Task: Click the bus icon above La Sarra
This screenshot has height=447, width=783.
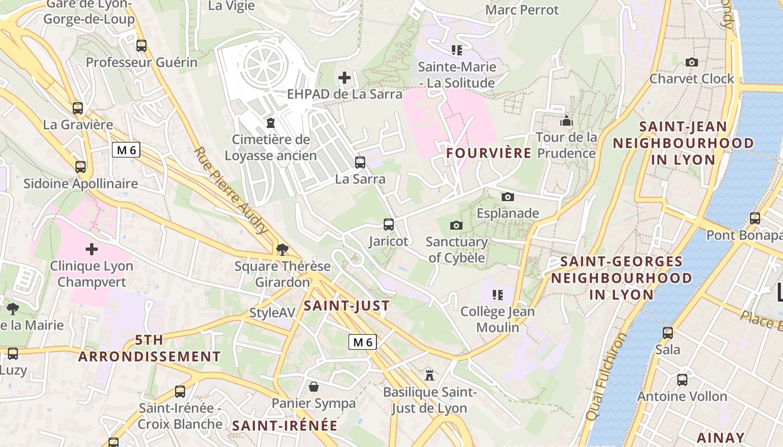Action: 360,163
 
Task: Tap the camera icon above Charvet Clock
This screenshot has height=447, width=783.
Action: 692,62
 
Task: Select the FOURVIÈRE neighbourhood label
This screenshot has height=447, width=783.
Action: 489,153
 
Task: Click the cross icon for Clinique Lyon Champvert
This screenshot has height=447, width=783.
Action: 92,249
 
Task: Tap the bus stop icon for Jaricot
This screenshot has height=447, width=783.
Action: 389,225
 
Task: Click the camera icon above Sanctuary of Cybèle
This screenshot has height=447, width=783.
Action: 456,225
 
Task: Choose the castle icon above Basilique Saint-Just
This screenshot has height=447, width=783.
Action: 430,374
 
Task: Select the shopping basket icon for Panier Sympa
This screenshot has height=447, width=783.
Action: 314,387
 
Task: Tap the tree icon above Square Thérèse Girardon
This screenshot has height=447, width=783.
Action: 282,249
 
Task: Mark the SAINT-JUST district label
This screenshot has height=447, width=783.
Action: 346,306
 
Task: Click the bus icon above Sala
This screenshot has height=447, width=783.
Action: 668,333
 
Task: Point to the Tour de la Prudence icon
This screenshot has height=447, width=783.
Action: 567,121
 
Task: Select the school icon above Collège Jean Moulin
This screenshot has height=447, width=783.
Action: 498,294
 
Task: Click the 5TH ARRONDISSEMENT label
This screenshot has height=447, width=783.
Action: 150,348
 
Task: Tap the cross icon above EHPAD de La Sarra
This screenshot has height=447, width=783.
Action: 345,78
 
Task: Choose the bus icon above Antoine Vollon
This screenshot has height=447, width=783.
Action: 682,380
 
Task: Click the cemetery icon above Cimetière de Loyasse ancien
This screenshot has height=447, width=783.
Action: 271,122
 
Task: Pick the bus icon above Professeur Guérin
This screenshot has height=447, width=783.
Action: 141,46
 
